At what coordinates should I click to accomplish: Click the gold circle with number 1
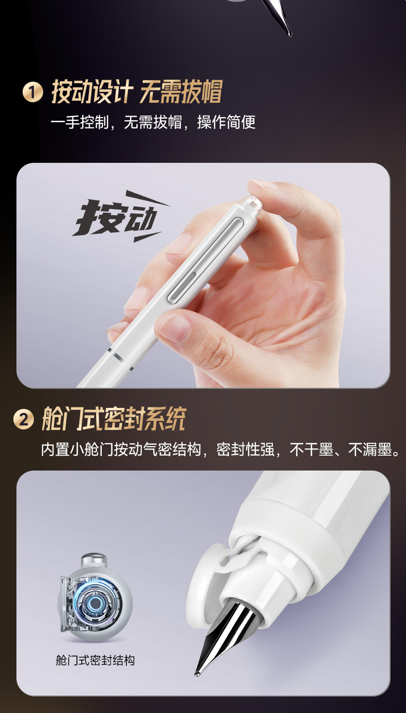tap(32, 92)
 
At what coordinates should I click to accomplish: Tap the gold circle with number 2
tap(24, 420)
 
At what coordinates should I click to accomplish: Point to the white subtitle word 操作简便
tap(227, 122)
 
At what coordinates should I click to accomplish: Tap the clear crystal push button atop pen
tap(254, 204)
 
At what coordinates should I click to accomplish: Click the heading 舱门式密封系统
tap(114, 419)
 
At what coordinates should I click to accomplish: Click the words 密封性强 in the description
tap(246, 450)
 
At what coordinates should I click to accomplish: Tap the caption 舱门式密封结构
tap(95, 660)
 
